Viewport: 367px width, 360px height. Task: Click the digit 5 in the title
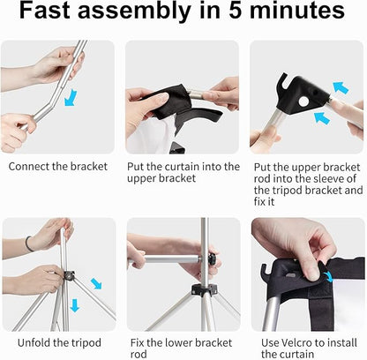tap(236, 11)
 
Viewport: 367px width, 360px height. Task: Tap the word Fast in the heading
tap(45, 11)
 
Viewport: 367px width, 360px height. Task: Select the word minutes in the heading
tap(297, 11)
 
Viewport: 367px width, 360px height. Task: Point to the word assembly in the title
tap(134, 11)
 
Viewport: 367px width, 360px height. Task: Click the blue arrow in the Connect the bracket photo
tap(71, 98)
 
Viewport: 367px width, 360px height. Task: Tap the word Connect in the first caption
tap(29, 167)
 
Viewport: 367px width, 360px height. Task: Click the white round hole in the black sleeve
tap(303, 101)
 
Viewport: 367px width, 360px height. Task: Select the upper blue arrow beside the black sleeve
tap(341, 88)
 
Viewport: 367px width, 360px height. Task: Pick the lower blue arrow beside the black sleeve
tap(322, 118)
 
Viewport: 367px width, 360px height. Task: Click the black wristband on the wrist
tap(28, 244)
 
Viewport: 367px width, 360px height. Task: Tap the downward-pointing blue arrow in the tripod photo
tap(75, 305)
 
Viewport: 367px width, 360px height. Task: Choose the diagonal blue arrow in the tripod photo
tap(96, 284)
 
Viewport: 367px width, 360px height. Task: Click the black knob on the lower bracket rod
tap(212, 259)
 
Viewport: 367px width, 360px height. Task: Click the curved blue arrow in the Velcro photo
tap(329, 276)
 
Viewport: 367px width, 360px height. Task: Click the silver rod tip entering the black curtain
tap(195, 94)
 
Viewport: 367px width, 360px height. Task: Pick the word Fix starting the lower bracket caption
tap(138, 343)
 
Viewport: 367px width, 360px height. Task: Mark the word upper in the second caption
tap(142, 179)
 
